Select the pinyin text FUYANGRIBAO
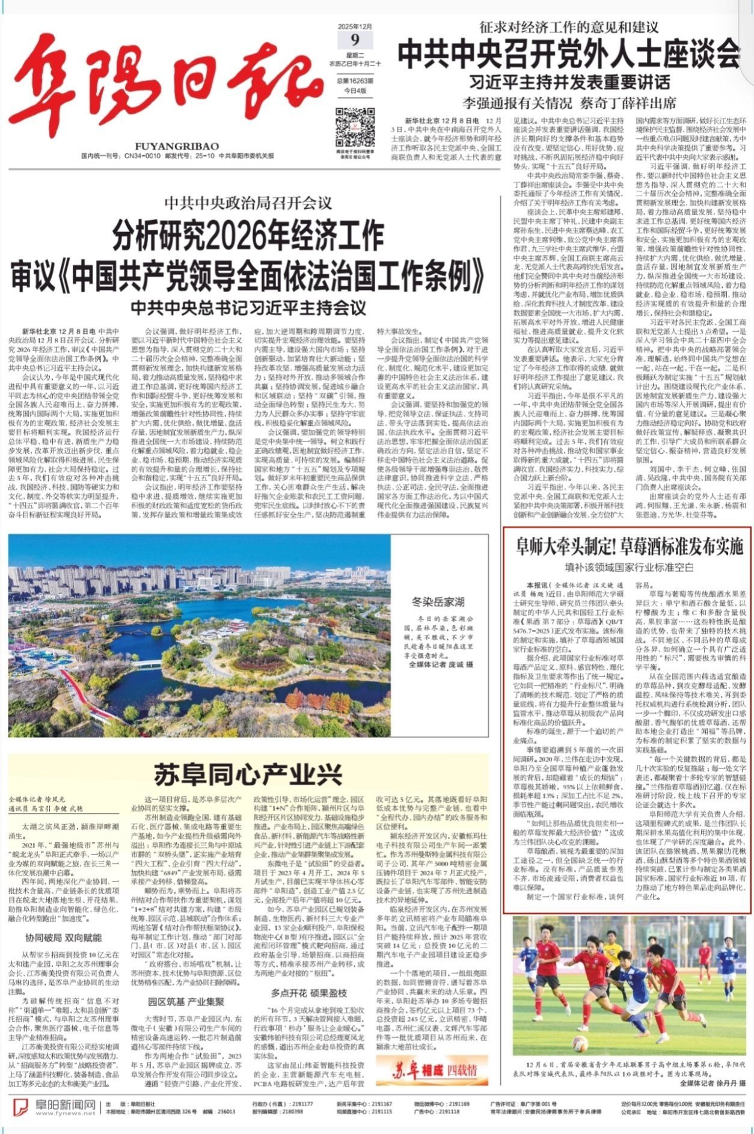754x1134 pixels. (177, 146)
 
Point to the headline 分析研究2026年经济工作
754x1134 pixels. (248, 234)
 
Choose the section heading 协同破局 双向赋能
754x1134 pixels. (63, 937)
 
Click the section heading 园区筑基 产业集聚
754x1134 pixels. (186, 1002)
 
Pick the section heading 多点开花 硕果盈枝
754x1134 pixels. (309, 993)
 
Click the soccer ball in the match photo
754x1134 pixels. (580, 1043)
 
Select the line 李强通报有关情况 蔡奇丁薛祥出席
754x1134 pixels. (568, 102)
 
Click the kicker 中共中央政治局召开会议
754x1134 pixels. (248, 202)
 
